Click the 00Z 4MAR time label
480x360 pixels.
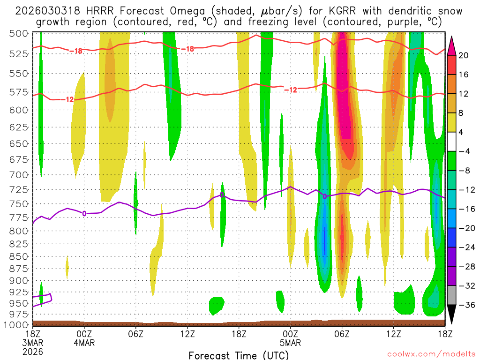coord(84,338)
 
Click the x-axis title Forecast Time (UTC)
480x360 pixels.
coord(239,355)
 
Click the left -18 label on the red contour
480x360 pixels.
coord(75,51)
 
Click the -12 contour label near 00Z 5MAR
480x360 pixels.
coord(291,90)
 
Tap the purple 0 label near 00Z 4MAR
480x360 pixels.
coord(84,214)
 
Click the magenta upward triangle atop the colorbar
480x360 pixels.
coord(452,45)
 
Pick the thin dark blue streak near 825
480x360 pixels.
coord(324,240)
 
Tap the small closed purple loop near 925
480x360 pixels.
coord(46,299)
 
